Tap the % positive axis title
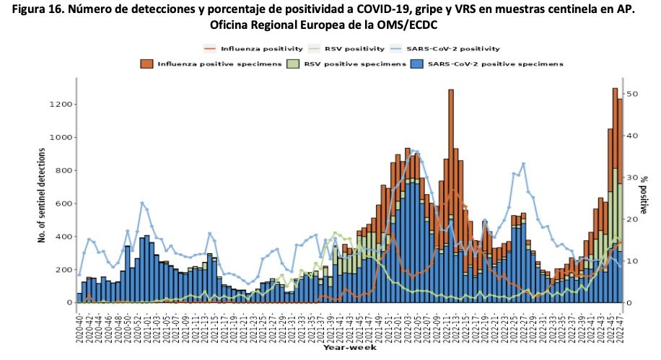coord(647,194)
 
